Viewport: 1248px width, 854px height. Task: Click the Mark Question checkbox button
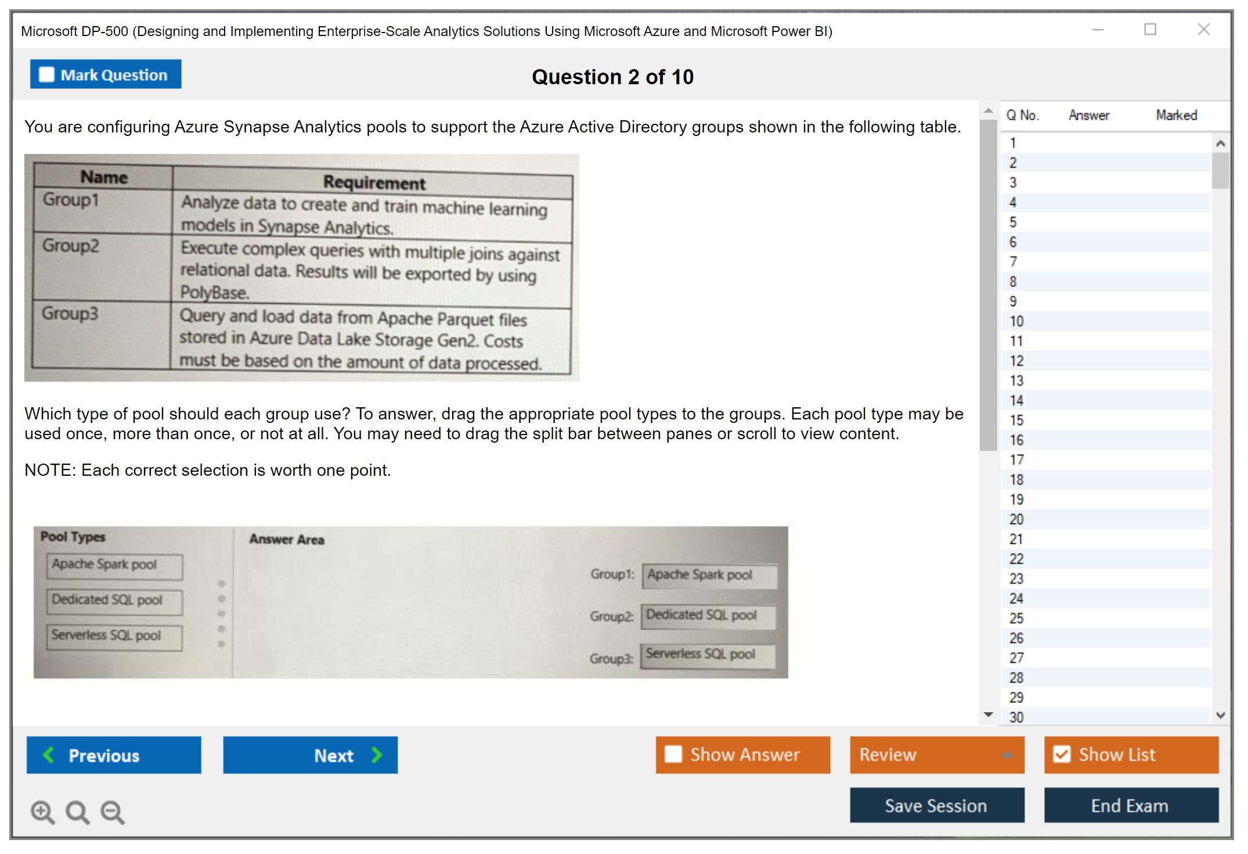coord(106,74)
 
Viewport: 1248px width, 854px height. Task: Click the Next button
coord(311,755)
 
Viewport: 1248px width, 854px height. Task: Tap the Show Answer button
coord(743,755)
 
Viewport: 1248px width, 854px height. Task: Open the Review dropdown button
coord(937,755)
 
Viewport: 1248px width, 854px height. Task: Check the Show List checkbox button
coord(1131,755)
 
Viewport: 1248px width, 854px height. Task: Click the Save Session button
coord(937,805)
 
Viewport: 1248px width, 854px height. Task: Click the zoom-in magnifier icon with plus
coord(43,812)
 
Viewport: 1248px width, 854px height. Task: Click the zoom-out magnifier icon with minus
coord(113,812)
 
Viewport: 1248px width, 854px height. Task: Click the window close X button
coord(1204,29)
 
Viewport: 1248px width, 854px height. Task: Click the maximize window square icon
coord(1150,29)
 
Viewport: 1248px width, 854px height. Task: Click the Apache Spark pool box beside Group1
coord(709,576)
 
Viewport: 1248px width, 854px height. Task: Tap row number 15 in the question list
coord(1016,420)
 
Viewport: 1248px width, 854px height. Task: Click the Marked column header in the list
coord(1177,115)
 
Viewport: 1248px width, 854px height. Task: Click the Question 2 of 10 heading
coord(613,77)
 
